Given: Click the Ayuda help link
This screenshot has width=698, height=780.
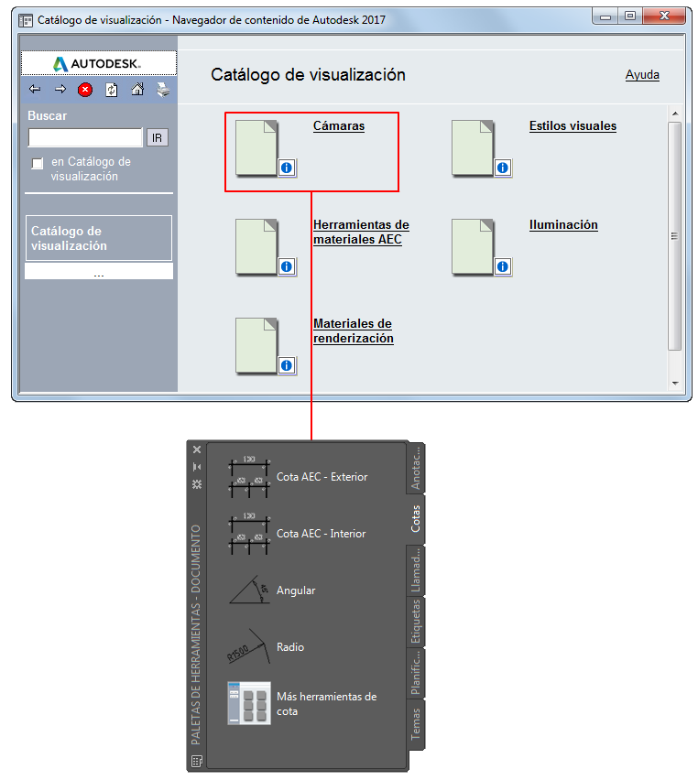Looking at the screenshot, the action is pos(642,75).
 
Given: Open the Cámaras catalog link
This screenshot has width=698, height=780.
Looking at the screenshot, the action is pos(339,125).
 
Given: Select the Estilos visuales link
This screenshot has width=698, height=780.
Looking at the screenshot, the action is pos(573,125).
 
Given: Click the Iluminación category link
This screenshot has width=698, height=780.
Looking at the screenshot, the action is pos(563,225).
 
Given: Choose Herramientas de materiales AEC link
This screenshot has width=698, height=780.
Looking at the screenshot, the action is pos(361,232).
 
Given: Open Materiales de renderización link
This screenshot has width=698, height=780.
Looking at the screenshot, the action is pos(353,330).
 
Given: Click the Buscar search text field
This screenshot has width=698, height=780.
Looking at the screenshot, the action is pos(85,137).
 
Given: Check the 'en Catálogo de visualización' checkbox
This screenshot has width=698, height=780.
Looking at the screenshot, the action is pos(38,163).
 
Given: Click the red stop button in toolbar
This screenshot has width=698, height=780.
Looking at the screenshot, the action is pos(85,90).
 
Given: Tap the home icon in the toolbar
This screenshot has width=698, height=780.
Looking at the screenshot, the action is pos(137,90).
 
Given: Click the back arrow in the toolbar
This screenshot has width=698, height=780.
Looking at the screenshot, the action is pos(35,89).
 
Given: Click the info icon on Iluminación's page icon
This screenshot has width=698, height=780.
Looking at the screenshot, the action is pos(503,266).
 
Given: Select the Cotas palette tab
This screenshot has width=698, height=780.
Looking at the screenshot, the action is pos(416,518).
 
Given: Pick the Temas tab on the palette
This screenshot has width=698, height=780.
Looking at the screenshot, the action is pos(416,724).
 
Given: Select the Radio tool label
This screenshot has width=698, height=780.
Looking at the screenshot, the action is pos(290,647).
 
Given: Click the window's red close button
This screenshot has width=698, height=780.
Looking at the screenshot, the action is pos(664,16).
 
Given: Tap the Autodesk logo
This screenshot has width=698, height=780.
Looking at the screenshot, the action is pos(98,64).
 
